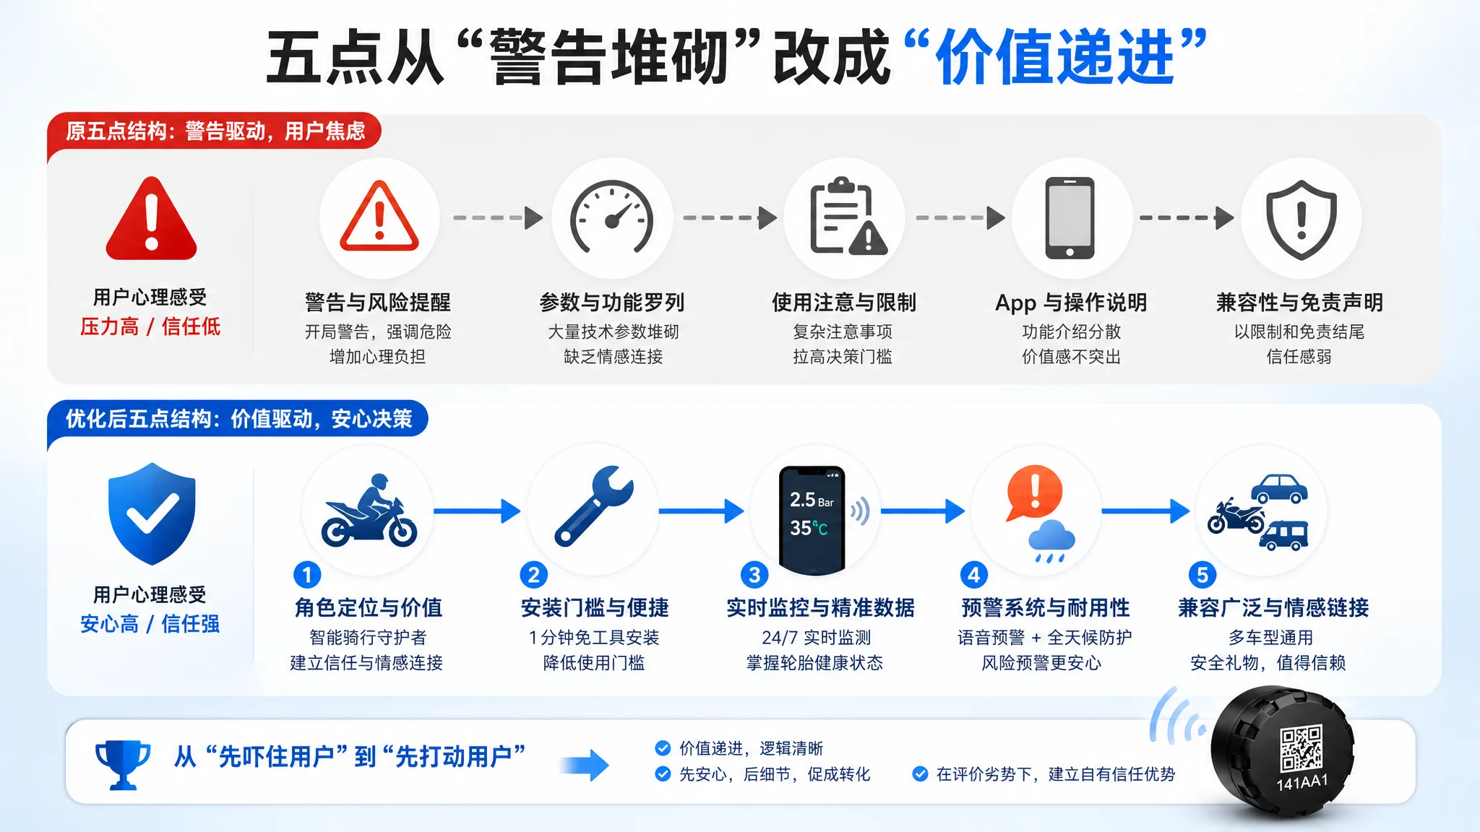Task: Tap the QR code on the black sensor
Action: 1302,748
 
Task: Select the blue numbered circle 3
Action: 754,575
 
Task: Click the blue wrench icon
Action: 593,506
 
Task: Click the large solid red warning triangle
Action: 151,218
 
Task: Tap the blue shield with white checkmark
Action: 152,513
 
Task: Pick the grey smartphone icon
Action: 1070,217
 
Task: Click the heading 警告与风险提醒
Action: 377,302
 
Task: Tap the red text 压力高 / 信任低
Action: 150,326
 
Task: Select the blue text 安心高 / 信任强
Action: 150,623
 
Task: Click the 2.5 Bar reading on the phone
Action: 812,500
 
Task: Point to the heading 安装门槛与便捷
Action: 595,607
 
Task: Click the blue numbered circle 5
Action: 1202,575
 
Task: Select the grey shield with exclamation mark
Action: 1301,219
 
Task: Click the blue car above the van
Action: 1279,489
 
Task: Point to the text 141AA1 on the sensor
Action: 1302,782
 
